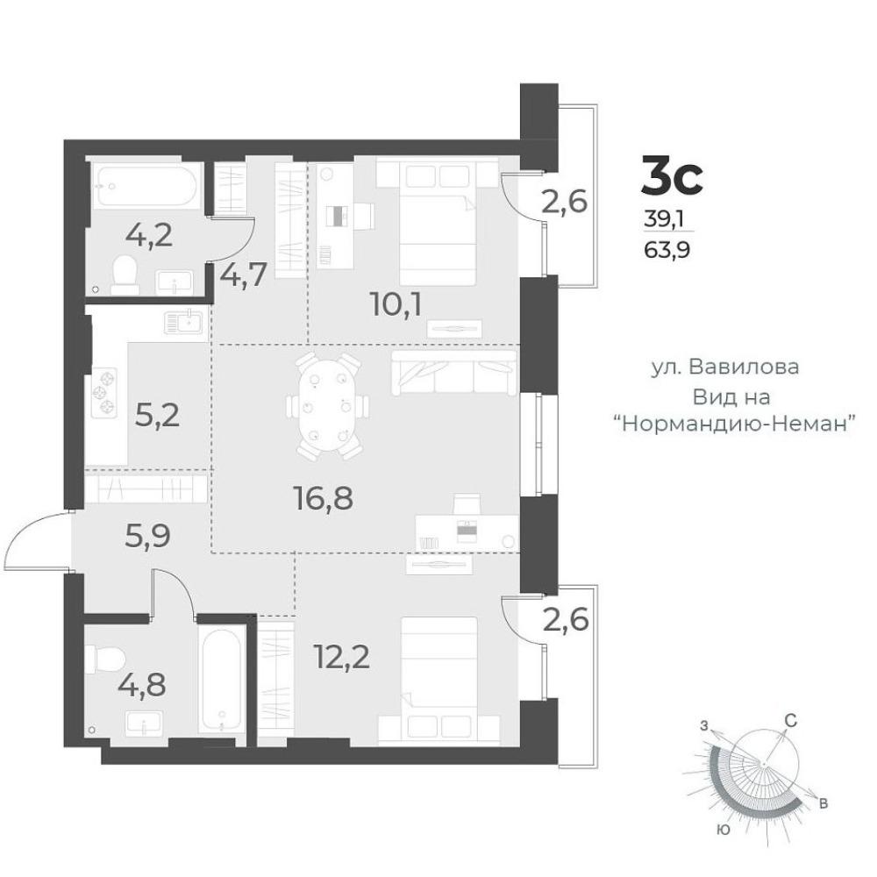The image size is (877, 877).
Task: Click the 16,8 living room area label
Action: coord(324,498)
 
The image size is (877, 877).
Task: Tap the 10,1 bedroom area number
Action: coord(396,305)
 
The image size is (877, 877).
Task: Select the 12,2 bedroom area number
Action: coord(342,656)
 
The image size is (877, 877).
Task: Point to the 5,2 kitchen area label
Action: coord(158,415)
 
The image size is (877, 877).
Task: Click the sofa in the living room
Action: coord(453,373)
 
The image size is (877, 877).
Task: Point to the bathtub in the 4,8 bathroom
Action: coord(222,681)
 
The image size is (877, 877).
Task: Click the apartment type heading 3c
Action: coord(671,175)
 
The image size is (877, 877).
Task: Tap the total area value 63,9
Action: coord(667,249)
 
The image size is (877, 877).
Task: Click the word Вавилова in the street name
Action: coord(744,367)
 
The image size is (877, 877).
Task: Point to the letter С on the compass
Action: coord(790,722)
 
